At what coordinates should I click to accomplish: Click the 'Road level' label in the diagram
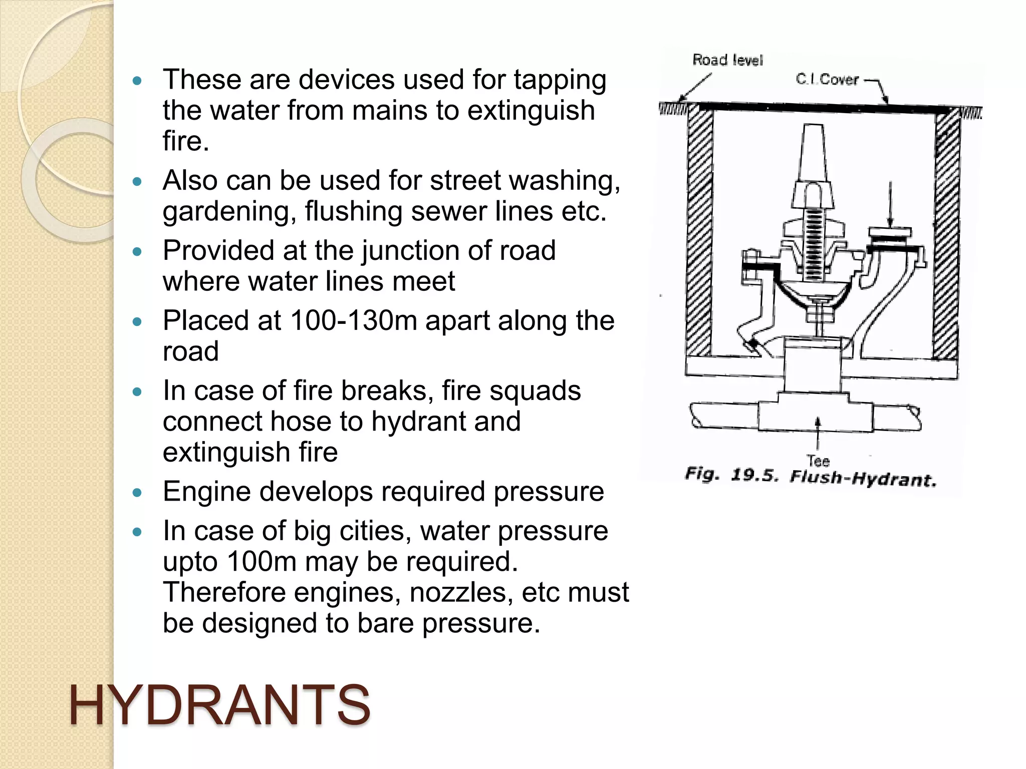point(727,60)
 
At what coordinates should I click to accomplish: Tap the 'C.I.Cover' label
point(827,79)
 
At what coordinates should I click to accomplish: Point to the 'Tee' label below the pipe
point(818,461)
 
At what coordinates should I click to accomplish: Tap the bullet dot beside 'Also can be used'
point(137,181)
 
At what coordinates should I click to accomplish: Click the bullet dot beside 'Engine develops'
point(137,493)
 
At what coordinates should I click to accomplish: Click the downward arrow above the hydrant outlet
point(890,205)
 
